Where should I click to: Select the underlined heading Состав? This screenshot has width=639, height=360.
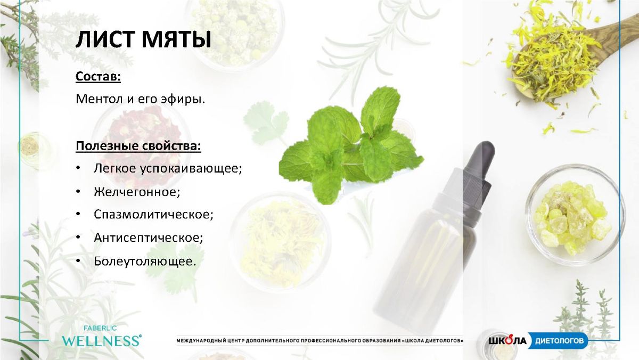click(x=98, y=77)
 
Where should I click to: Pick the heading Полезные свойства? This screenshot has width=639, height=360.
click(x=138, y=146)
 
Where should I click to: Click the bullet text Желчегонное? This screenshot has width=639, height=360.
click(x=137, y=192)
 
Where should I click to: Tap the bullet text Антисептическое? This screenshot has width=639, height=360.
click(x=148, y=238)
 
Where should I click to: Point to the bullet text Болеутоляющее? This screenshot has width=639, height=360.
click(x=145, y=261)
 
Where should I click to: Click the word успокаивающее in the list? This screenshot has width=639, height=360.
click(x=191, y=169)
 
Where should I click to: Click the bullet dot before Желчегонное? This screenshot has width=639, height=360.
click(x=78, y=192)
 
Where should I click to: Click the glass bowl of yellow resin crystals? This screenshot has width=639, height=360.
click(x=575, y=215)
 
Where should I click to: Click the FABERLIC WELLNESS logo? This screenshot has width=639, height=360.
click(x=101, y=337)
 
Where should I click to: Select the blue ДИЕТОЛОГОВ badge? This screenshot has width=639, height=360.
click(x=558, y=341)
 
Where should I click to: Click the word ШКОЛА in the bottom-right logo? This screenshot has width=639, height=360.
click(x=507, y=341)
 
